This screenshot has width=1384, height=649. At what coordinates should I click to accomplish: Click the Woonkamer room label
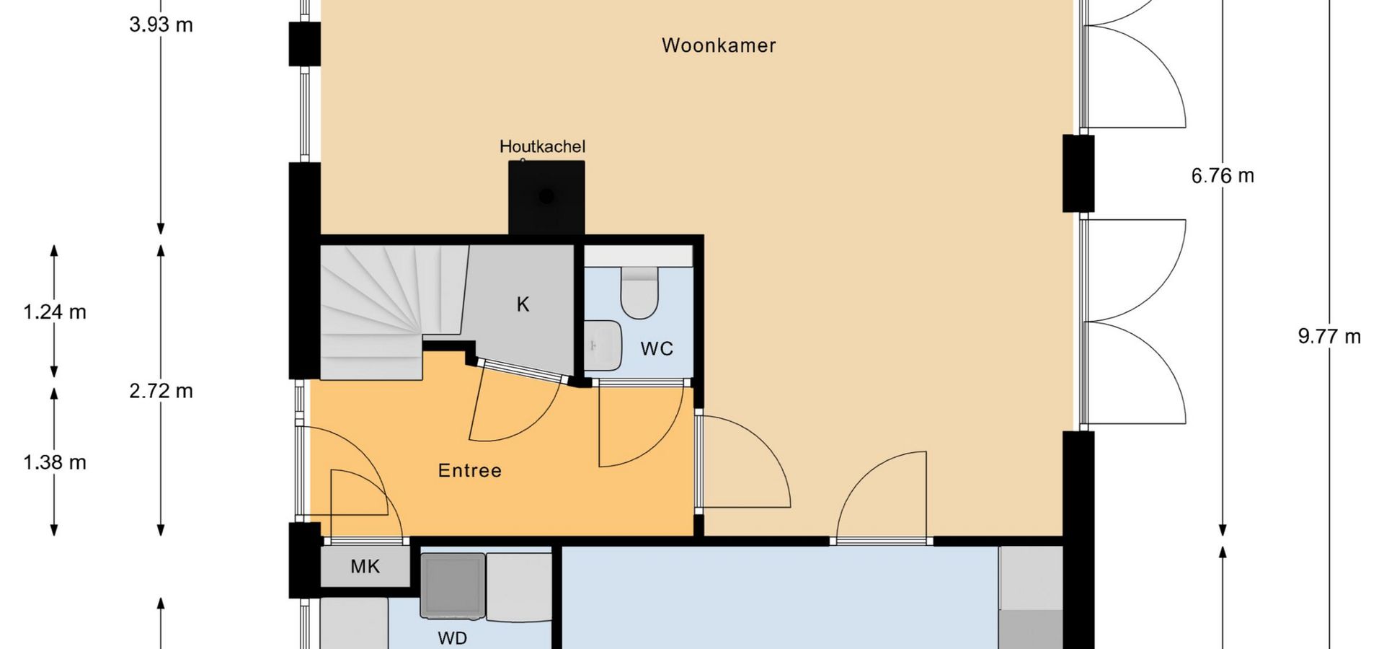pyautogui.click(x=719, y=45)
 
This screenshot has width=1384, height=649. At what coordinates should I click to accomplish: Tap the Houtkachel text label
pyautogui.click(x=542, y=146)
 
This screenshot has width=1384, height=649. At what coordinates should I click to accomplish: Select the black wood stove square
pyautogui.click(x=546, y=198)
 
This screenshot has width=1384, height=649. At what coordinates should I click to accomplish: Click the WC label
pyautogui.click(x=657, y=349)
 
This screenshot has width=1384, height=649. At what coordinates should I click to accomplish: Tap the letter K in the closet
pyautogui.click(x=523, y=305)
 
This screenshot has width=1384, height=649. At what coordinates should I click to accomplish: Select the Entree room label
pyautogui.click(x=470, y=471)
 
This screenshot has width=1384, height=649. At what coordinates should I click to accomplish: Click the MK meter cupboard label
pyautogui.click(x=365, y=567)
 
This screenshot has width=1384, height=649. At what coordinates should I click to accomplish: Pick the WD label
pyautogui.click(x=452, y=638)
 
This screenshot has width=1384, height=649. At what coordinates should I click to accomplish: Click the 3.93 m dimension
pyautogui.click(x=161, y=25)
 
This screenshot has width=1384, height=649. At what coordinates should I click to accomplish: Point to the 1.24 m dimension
pyautogui.click(x=55, y=312)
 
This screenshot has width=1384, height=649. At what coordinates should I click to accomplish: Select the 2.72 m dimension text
pyautogui.click(x=161, y=391)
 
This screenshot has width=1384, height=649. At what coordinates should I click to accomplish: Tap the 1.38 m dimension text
pyautogui.click(x=55, y=462)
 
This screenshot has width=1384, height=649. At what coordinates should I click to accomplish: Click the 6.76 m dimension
pyautogui.click(x=1223, y=176)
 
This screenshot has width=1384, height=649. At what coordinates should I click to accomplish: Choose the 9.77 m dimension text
pyautogui.click(x=1329, y=337)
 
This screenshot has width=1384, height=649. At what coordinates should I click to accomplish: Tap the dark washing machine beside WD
pyautogui.click(x=453, y=586)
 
